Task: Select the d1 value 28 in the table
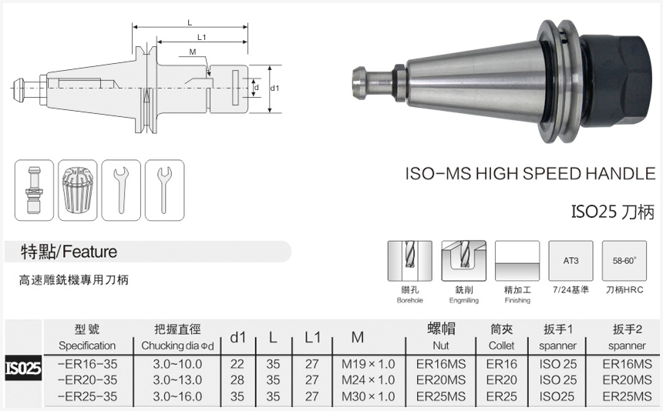(x=237, y=379)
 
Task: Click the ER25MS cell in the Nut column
(x=441, y=396)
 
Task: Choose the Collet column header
(x=502, y=337)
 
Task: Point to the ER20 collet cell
(x=502, y=379)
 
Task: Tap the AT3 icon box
(x=570, y=262)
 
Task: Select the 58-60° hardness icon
(x=624, y=262)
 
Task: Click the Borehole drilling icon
(x=409, y=262)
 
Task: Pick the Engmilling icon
(x=463, y=262)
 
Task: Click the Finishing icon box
(x=517, y=262)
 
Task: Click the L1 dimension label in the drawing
(x=201, y=37)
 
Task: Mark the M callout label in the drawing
(x=192, y=52)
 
